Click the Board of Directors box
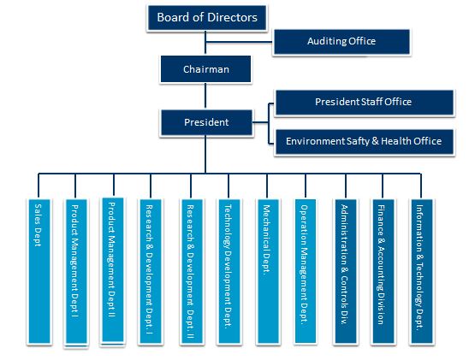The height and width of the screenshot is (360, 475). (x=207, y=18)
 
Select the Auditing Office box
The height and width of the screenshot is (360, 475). (x=341, y=42)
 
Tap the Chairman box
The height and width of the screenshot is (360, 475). (x=205, y=69)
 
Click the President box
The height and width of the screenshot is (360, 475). (x=206, y=122)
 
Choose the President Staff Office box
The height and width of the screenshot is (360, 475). (x=365, y=102)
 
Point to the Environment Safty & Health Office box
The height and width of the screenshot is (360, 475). (x=365, y=142)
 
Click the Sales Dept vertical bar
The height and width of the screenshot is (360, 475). (x=39, y=271)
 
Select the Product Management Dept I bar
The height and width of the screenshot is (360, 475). (x=76, y=272)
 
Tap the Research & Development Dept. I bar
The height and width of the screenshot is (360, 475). (x=150, y=271)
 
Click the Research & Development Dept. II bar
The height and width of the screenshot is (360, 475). (x=192, y=271)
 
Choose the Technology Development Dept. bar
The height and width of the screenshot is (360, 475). (x=229, y=271)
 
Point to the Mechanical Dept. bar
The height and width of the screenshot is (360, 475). (x=268, y=271)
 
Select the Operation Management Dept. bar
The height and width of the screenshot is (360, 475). (x=306, y=271)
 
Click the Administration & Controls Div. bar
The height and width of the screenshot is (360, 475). (x=346, y=271)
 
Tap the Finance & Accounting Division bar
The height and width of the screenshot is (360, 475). (x=383, y=271)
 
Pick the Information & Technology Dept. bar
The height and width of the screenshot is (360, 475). (x=422, y=271)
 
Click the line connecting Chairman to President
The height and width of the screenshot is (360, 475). (x=205, y=96)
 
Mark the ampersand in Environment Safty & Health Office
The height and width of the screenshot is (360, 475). (x=375, y=141)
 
